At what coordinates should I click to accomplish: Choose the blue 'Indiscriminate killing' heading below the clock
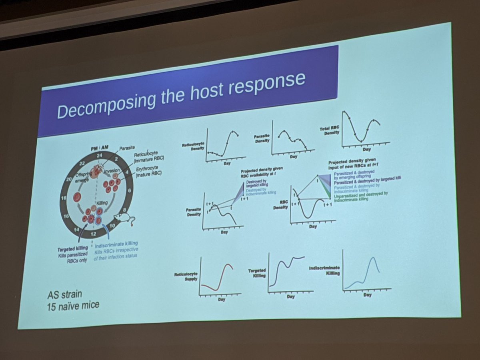pos(117,243)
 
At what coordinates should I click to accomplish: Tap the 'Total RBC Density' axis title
pos(330,130)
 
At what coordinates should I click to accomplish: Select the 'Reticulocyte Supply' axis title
pos(186,277)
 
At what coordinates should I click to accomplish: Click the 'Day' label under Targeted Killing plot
pos(290,297)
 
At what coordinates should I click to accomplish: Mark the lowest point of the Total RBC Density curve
pos(361,141)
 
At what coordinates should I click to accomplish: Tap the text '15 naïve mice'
pos(73,306)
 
